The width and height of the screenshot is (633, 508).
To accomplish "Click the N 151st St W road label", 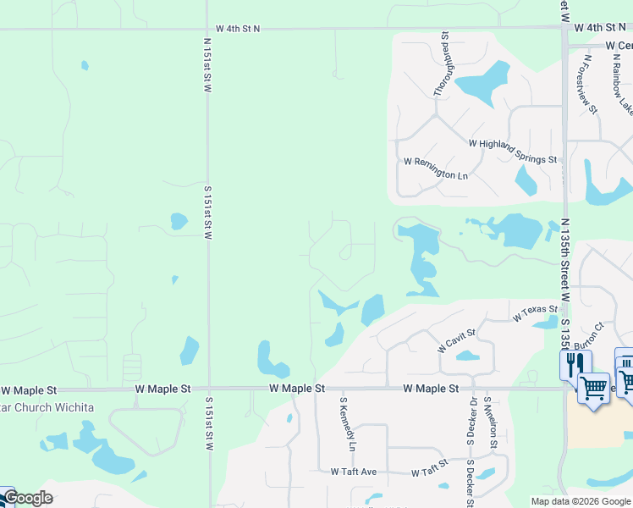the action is (206, 64).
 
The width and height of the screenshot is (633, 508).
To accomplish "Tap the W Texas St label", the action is (535, 313).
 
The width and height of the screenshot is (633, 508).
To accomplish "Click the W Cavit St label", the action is (457, 341).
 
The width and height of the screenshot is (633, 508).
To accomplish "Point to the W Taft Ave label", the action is (353, 472).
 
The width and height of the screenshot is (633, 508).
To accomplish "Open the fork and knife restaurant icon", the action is (571, 365).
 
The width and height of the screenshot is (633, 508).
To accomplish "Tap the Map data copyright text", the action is (581, 501).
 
